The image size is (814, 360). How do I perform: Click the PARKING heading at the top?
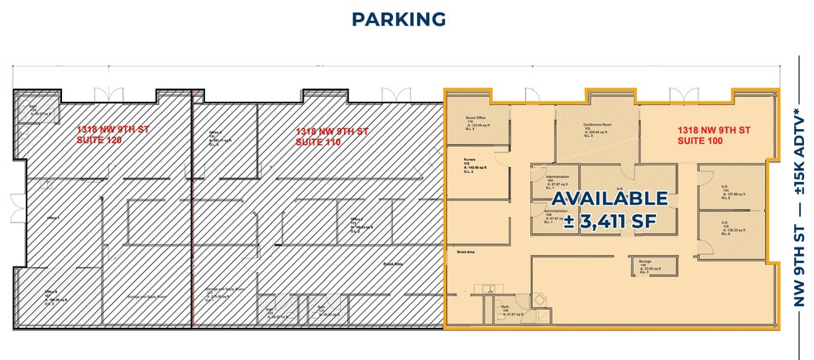coord(398,19)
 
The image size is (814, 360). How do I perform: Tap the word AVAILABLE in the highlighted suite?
coord(609,199)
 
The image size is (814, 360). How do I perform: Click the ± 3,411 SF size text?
coord(609,221)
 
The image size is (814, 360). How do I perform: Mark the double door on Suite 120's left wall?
coord(16,209)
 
